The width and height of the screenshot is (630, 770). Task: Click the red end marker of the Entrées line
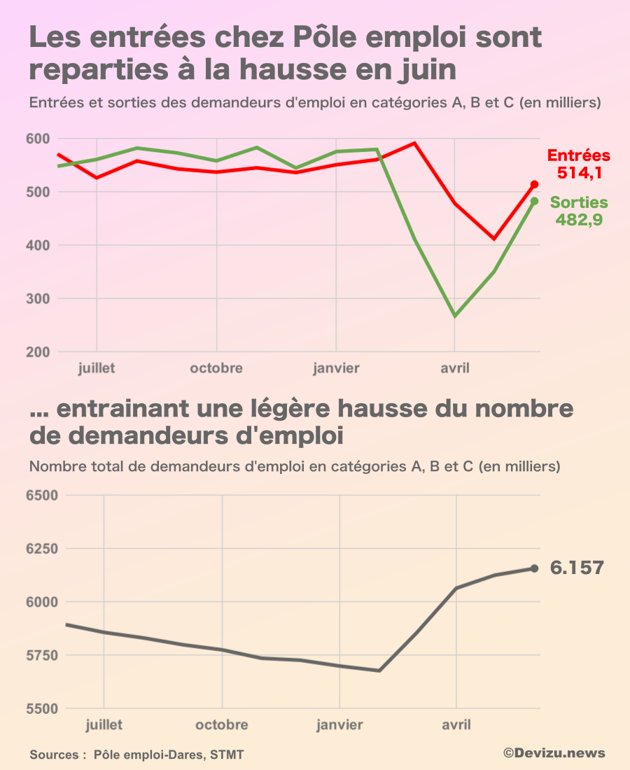coord(534,184)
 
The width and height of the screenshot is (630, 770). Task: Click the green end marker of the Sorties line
coord(534,201)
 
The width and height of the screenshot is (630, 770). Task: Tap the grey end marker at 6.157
coord(534,568)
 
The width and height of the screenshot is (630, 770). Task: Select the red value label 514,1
coord(580,172)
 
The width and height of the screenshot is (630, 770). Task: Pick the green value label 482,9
coord(580,219)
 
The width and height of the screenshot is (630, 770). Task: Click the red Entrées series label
coord(578,155)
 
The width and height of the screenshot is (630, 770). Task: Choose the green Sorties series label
coord(579,202)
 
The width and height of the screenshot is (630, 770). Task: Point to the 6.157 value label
coord(577,568)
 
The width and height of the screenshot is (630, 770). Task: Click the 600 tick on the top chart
coord(39,139)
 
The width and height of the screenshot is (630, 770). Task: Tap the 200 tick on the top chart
coord(39,352)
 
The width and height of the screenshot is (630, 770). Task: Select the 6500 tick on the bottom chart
coord(43,496)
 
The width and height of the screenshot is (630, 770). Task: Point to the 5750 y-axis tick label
coord(43,656)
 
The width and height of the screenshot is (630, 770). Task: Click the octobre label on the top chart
coord(216,368)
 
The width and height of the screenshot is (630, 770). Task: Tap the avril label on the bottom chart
coord(456,724)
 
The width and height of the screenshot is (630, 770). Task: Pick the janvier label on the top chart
coord(336,368)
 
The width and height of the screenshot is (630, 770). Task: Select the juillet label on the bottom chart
coord(104,724)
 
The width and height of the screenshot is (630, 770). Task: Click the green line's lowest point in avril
coord(455,316)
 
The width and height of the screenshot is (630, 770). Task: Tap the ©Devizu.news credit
coord(554,753)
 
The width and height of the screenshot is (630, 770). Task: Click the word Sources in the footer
coord(53,755)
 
